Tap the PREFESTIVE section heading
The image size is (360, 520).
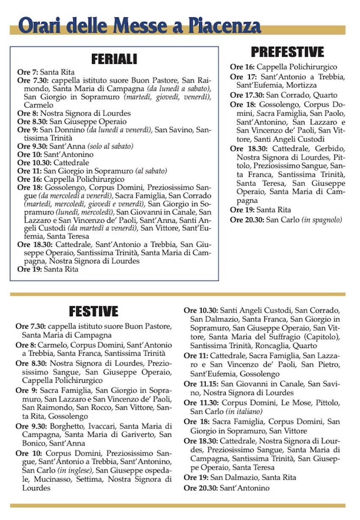click(x=288, y=52)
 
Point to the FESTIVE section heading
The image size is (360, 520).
click(x=94, y=311)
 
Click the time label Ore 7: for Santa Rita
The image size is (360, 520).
click(x=28, y=72)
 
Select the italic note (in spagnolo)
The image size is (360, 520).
click(x=322, y=220)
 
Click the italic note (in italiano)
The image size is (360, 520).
click(x=244, y=412)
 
